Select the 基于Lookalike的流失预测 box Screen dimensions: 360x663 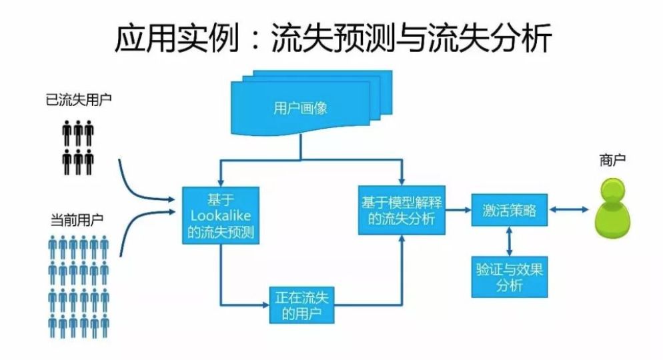[220, 215]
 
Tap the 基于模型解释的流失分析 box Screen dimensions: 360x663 [402, 209]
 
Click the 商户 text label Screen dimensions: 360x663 [612, 161]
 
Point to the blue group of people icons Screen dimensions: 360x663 [79, 287]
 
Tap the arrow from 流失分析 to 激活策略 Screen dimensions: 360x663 [458, 210]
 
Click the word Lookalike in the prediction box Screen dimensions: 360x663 [220, 215]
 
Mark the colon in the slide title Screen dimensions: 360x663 [257, 40]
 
